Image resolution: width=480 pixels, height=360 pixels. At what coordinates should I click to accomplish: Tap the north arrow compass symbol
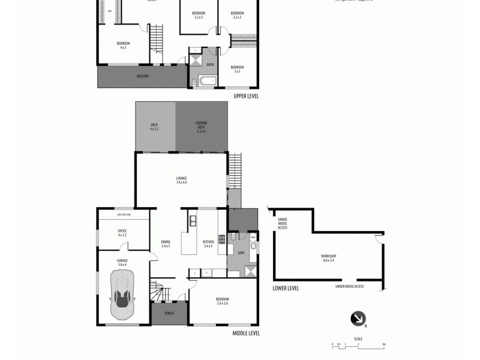358,319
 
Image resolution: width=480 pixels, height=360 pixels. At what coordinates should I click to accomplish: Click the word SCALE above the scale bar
358,339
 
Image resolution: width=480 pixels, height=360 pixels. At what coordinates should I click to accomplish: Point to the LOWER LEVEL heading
286,288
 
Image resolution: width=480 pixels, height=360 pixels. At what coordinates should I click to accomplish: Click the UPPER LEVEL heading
246,96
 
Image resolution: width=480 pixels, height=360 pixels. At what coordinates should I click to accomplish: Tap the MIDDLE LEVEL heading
246,334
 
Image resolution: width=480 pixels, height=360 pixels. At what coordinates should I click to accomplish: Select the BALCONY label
143,76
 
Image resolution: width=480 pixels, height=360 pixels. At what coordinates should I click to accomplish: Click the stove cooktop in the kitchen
221,240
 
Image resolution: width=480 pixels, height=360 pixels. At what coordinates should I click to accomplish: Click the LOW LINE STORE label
124,214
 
